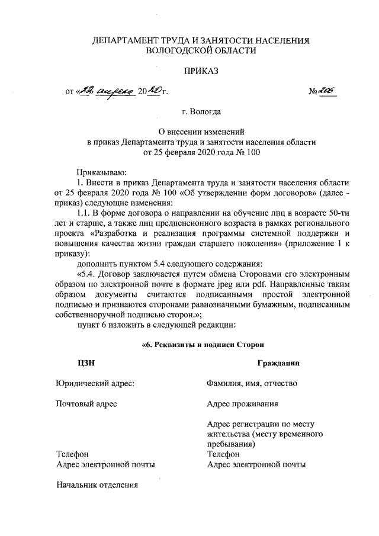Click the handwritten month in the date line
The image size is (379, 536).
(x=115, y=92)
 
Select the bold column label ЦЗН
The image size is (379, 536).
(x=85, y=363)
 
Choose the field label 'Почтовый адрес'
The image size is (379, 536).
(x=86, y=404)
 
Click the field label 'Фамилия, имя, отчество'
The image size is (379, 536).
(x=252, y=383)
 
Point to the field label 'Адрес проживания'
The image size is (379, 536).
(x=243, y=404)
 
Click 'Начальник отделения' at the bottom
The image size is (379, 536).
(x=97, y=486)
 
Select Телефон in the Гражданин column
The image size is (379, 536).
(x=224, y=454)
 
